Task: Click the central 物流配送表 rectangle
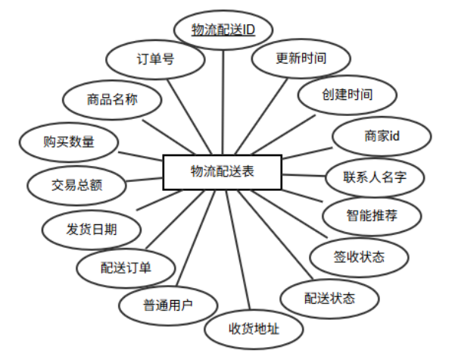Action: coord(223,172)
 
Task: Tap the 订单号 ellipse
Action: coord(155,58)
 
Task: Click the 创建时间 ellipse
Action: coord(347,95)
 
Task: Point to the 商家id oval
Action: coord(382,136)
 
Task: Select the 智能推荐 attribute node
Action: coord(372,216)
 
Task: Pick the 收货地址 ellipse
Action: coord(254,329)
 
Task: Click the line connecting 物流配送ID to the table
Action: coord(224,99)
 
